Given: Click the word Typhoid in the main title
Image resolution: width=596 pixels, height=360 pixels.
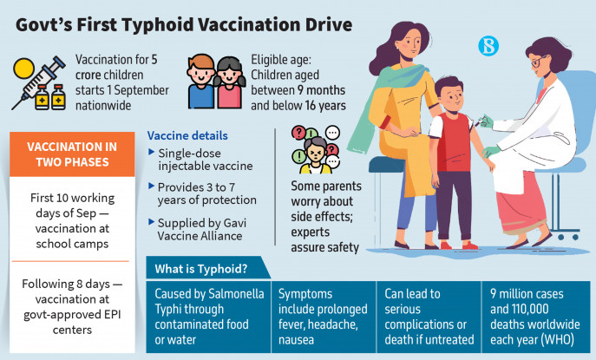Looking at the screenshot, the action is click(157, 25).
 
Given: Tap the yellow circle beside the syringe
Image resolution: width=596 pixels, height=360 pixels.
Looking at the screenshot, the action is click(24, 69).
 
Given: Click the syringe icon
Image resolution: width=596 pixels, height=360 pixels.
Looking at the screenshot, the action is click(38, 82).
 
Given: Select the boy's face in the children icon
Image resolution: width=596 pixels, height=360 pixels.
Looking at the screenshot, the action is click(201, 71).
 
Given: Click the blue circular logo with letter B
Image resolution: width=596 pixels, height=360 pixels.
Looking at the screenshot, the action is click(488, 46).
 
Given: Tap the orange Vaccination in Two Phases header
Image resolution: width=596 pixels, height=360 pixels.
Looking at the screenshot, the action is click(72, 154).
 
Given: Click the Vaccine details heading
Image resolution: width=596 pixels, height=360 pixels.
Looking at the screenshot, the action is click(187, 135).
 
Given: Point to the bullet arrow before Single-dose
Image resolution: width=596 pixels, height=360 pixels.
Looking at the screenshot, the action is click(151, 152).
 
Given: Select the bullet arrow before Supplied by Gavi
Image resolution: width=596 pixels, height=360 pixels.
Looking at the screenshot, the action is click(151, 221).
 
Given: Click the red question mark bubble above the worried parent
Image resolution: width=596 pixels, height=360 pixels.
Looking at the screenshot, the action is click(299, 133).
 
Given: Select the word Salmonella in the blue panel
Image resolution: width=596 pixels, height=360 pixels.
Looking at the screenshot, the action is click(236, 293).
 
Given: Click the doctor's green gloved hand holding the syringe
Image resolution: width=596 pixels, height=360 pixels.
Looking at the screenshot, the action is click(487, 122).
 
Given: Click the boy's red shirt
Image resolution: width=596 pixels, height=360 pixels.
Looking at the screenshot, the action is click(453, 141).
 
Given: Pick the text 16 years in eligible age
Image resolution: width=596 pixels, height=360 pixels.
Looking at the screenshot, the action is click(325, 105).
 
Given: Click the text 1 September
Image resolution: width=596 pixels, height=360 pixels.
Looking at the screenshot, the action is click(138, 90).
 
